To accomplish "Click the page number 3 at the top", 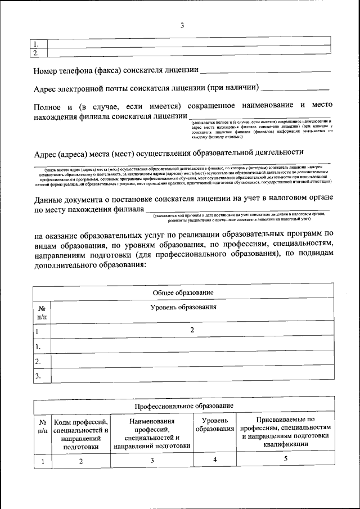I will (182, 25).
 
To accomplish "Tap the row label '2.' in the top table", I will (36, 53).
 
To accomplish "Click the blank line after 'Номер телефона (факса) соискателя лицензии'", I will (265, 71).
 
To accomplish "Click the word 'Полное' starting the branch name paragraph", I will (48, 106).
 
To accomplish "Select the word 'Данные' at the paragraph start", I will (50, 199).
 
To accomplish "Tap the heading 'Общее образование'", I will (183, 294).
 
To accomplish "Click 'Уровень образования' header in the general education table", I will (183, 308).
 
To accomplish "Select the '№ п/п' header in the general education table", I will (42, 313).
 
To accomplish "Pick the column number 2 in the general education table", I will (192, 331).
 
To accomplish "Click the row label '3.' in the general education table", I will (38, 376).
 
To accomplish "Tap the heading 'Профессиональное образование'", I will (183, 406).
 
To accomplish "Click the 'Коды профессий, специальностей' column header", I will (80, 434).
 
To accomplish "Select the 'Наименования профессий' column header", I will (151, 434).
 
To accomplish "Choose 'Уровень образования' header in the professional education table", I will (215, 425).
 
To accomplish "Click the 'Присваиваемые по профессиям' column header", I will (285, 432).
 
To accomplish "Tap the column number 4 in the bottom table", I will (215, 460).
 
